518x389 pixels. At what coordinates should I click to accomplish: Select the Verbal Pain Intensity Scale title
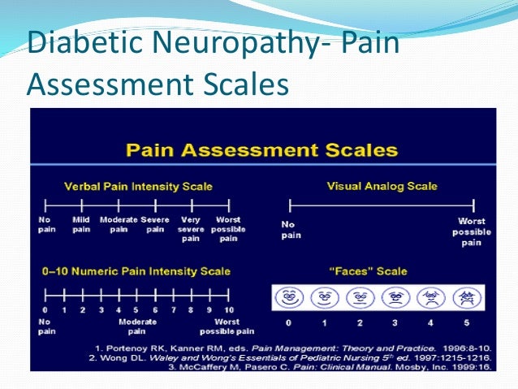(137, 186)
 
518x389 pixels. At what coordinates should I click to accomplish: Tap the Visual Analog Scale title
(382, 186)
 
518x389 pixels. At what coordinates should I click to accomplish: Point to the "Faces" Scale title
(378, 271)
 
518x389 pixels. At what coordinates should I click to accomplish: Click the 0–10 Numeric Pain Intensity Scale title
(137, 271)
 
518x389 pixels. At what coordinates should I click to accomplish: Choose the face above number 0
(289, 298)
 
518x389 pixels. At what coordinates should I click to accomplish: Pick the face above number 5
(465, 298)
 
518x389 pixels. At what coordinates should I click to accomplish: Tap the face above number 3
(395, 298)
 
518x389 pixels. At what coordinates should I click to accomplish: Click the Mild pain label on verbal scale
(81, 224)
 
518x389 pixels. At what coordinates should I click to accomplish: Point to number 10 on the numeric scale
(229, 309)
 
